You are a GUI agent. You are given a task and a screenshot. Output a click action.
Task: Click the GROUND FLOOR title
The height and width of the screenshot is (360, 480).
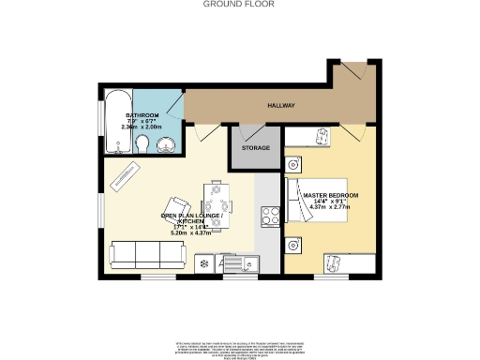pos(239,4)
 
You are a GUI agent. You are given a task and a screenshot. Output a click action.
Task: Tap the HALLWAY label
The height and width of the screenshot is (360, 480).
pos(281,107)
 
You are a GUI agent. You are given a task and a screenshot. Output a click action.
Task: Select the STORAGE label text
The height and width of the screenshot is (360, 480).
pos(255,148)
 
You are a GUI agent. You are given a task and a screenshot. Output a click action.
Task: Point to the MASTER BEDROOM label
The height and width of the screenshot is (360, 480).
pos(330,195)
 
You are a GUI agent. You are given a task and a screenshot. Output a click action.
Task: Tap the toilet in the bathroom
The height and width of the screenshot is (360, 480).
pos(141,143)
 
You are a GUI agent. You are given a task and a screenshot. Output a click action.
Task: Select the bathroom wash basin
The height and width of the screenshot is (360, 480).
pos(166,144)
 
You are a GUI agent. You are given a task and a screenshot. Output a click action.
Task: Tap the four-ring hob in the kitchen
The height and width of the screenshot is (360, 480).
pos(266,214)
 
